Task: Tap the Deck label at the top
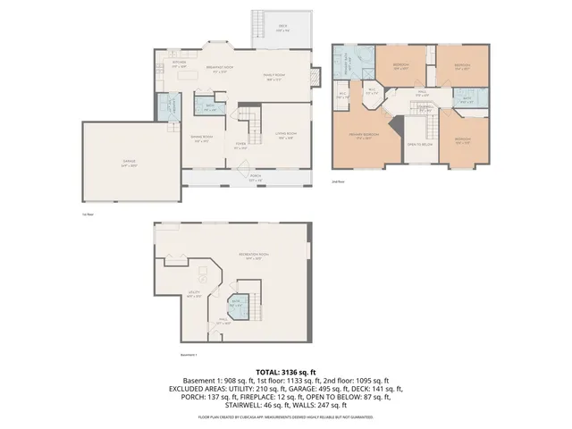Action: pyautogui.click(x=282, y=27)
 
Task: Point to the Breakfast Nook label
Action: pyautogui.click(x=220, y=69)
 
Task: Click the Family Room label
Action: pyautogui.click(x=273, y=77)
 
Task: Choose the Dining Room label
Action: pyautogui.click(x=199, y=138)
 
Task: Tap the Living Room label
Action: pyautogui.click(x=286, y=137)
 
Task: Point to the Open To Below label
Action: pyautogui.click(x=420, y=143)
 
